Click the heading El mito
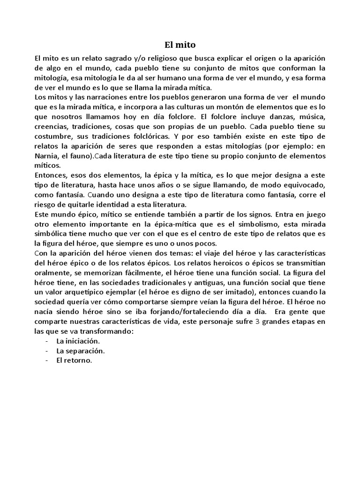point(180,45)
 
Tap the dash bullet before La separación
point(47,351)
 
